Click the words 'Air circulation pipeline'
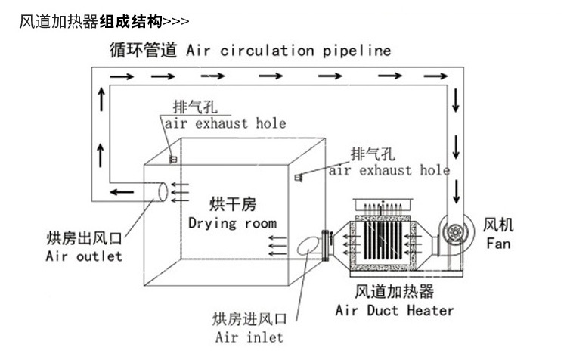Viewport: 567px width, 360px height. coord(287,51)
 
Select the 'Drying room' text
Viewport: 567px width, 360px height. coord(232,223)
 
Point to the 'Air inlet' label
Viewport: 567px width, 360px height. coord(249,337)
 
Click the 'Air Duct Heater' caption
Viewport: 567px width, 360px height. coord(395,310)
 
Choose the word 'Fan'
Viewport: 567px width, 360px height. coord(498,244)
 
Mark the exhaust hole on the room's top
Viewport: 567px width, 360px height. coord(173,159)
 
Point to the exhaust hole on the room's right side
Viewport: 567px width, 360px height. coord(297,178)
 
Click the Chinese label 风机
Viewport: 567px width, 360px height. coord(498,225)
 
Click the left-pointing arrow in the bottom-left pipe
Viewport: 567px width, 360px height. coord(117,194)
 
